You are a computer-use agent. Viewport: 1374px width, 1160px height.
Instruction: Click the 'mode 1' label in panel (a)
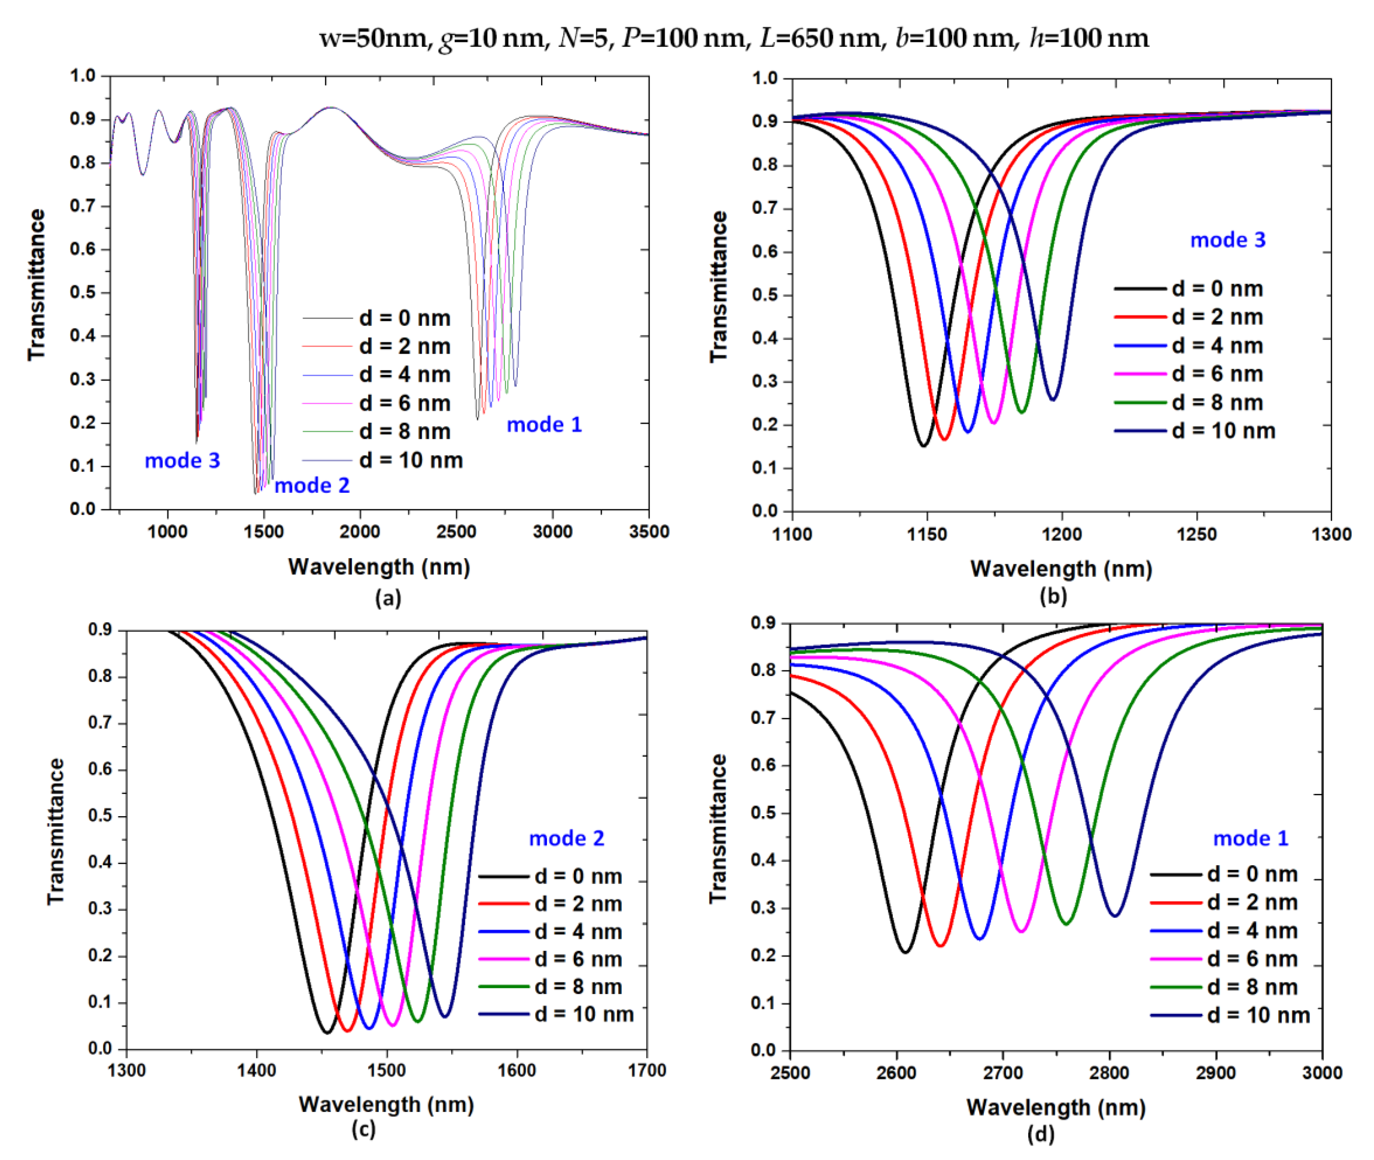544,425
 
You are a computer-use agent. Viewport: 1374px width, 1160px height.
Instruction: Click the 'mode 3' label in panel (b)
1227,240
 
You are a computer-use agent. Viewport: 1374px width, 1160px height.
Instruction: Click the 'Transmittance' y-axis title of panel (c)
56,831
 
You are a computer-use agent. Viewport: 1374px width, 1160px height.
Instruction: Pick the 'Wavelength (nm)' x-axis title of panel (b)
1061,569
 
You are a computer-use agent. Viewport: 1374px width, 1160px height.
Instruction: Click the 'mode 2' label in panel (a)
312,486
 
